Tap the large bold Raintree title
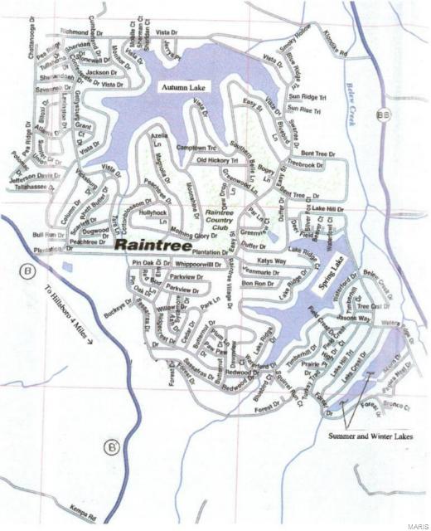pyautogui.click(x=153, y=246)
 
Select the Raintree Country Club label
pyautogui.click(x=219, y=219)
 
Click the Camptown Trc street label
pyautogui.click(x=195, y=148)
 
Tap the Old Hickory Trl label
pyautogui.click(x=217, y=159)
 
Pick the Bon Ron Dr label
pyautogui.click(x=258, y=284)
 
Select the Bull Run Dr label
pyautogui.click(x=48, y=236)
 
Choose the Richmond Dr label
pyautogui.click(x=80, y=32)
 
